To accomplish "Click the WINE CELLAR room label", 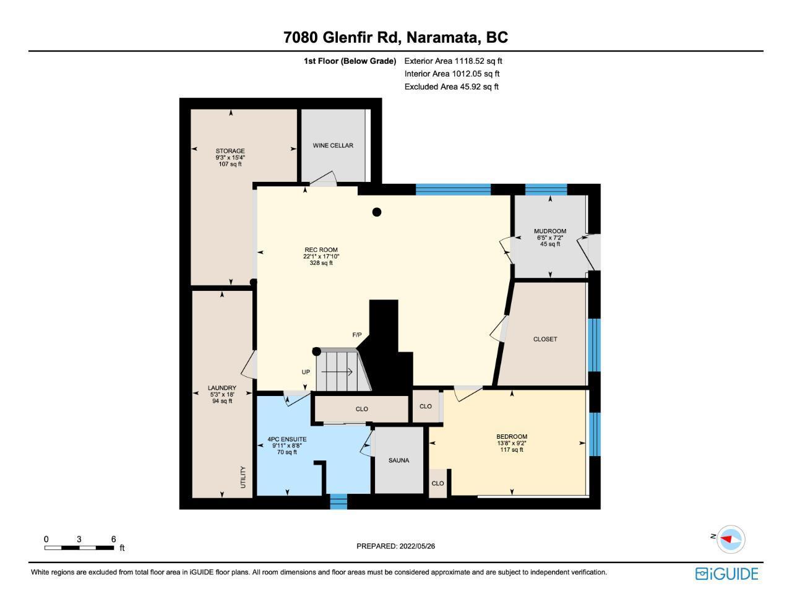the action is [x=333, y=145].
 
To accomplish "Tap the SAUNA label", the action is [x=398, y=460].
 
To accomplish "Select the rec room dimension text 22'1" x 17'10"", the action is [x=321, y=256].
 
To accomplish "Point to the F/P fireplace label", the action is [x=357, y=335].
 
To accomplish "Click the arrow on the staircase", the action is [x=337, y=372].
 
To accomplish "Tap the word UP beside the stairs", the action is [x=306, y=372].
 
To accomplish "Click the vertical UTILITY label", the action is [x=243, y=477].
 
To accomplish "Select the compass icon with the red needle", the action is [x=731, y=539].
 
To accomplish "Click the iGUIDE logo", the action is [x=727, y=574].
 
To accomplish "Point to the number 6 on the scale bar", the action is [x=113, y=539].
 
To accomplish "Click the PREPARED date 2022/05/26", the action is [x=417, y=546].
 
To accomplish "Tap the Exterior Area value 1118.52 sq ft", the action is [x=478, y=61].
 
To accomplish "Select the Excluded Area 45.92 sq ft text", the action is [x=451, y=87].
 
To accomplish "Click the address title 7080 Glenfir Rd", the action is [x=342, y=38].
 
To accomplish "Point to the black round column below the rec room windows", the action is [x=377, y=212].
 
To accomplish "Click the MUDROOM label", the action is [x=550, y=231].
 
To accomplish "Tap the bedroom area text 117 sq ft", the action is [x=512, y=450].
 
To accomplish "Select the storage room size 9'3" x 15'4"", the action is [x=230, y=157].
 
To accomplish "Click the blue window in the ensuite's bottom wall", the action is [x=338, y=501].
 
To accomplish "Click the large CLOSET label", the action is [x=545, y=339].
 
